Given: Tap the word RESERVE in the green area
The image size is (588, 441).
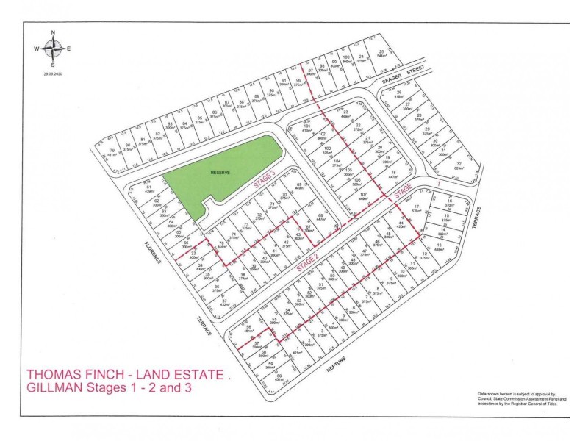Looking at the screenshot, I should tap(220, 173).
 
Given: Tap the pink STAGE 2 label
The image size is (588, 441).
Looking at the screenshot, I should tap(307, 262).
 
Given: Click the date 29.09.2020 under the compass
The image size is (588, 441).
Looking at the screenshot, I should tap(54, 73).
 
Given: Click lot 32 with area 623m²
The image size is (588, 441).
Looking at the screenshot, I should tap(459, 165).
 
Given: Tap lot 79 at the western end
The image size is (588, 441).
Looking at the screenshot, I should tap(112, 154).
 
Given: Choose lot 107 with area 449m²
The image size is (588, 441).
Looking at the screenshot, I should tap(363, 196).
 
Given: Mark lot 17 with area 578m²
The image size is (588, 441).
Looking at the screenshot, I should tap(416, 209).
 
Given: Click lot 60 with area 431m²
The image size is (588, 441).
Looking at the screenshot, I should tap(280, 378).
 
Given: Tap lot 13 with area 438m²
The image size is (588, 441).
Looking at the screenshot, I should tap(439, 247).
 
